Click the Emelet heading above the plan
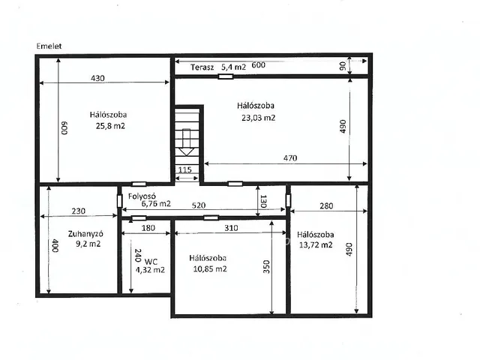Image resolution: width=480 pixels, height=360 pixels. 49,46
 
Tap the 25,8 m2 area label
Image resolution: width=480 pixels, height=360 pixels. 110,126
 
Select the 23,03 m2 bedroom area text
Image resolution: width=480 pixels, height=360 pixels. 258,118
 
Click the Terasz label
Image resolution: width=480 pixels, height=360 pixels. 202,67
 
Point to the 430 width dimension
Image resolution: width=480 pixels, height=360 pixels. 97,78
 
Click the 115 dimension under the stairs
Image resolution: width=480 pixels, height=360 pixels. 185,170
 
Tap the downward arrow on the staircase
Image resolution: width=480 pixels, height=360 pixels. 186,142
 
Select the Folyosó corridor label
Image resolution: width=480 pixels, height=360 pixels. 142,196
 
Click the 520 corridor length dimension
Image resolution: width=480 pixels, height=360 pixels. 199,205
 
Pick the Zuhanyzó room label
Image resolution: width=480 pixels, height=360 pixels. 85,234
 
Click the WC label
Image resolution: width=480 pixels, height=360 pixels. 151,262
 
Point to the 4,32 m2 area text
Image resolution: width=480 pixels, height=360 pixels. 150,270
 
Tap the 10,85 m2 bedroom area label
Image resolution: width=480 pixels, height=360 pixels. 210,268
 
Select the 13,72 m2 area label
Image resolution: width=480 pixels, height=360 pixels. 316,245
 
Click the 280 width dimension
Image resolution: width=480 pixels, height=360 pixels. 326,206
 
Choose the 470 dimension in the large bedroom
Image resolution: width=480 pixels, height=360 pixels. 290,158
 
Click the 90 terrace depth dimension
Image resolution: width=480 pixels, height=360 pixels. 343,66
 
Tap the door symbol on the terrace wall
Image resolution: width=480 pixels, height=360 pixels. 226,76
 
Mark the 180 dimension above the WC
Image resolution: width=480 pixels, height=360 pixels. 148,228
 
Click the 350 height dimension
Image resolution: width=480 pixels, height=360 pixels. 267,267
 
